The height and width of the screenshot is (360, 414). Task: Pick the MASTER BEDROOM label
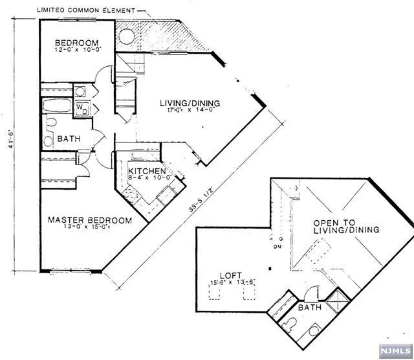coord(89,220)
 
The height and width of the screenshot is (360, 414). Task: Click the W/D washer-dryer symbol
coord(82,109)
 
